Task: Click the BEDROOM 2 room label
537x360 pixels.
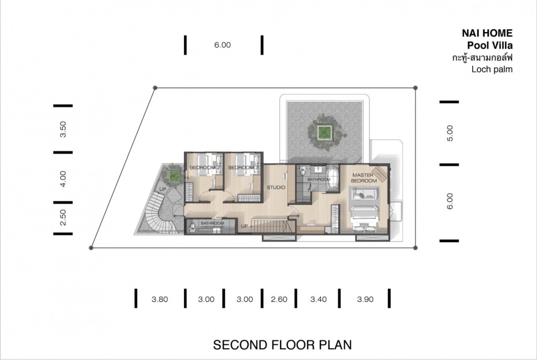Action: pyautogui.click(x=204, y=167)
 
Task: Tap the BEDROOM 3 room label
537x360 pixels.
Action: pyautogui.click(x=243, y=167)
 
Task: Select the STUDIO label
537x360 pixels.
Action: pyautogui.click(x=276, y=187)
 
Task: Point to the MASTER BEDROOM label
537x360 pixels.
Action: pyautogui.click(x=364, y=177)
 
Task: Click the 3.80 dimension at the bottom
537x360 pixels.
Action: pyautogui.click(x=160, y=299)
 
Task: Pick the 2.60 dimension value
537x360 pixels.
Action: pyautogui.click(x=279, y=299)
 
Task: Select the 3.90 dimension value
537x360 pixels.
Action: pyautogui.click(x=365, y=299)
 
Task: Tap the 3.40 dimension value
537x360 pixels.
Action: pyautogui.click(x=319, y=299)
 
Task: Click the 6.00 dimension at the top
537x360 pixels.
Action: pyautogui.click(x=223, y=45)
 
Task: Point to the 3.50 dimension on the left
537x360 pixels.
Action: pyautogui.click(x=63, y=129)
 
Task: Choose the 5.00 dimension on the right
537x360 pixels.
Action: pyautogui.click(x=450, y=133)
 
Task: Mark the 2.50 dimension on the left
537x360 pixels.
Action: pyautogui.click(x=63, y=218)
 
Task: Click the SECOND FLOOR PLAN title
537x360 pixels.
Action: pyautogui.click(x=283, y=344)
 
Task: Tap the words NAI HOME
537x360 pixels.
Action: pyautogui.click(x=487, y=33)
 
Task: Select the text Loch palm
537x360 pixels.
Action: pyautogui.click(x=492, y=69)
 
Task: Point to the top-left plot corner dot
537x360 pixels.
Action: pyautogui.click(x=155, y=88)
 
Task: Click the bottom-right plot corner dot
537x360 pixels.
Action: pyautogui.click(x=415, y=248)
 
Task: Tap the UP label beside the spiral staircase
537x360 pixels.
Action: pyautogui.click(x=162, y=189)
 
